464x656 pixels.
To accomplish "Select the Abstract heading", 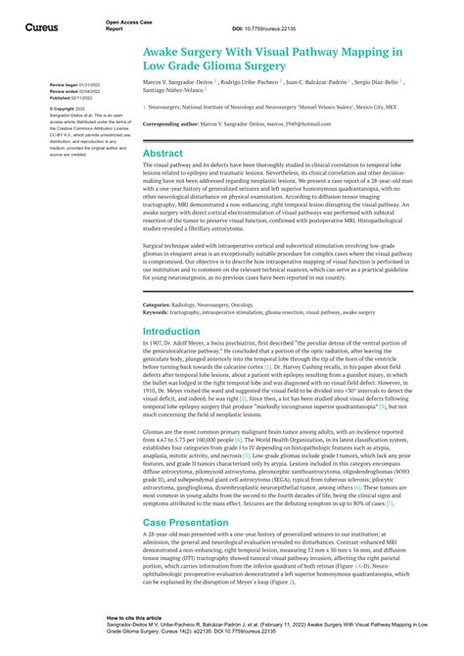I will pyautogui.click(x=163, y=154).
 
